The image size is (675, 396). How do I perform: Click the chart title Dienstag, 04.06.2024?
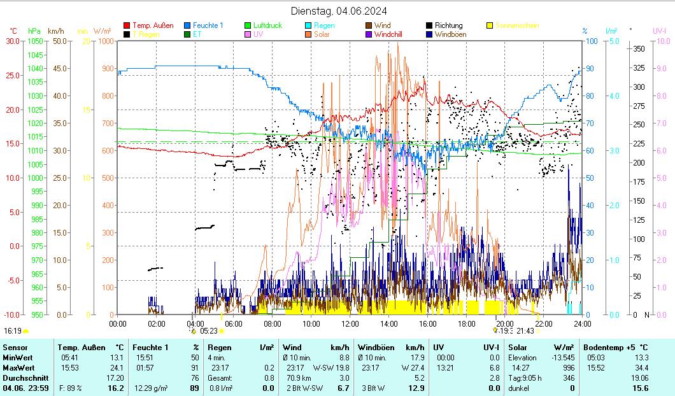click(x=338, y=11)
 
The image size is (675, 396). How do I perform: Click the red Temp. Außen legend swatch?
click(x=127, y=26)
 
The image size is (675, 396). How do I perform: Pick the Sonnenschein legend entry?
click(x=516, y=26)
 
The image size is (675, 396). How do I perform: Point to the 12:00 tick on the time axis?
click(x=350, y=323)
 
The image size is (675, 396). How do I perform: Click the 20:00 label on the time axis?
click(x=506, y=323)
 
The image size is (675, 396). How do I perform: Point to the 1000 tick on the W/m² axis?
click(x=107, y=41)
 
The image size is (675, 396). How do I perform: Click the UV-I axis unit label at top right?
click(x=659, y=31)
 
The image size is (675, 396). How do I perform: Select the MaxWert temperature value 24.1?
click(x=115, y=368)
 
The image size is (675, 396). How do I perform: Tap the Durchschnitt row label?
click(x=22, y=378)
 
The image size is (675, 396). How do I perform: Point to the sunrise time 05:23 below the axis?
click(x=209, y=331)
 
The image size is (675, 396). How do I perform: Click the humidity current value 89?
click(x=195, y=388)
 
